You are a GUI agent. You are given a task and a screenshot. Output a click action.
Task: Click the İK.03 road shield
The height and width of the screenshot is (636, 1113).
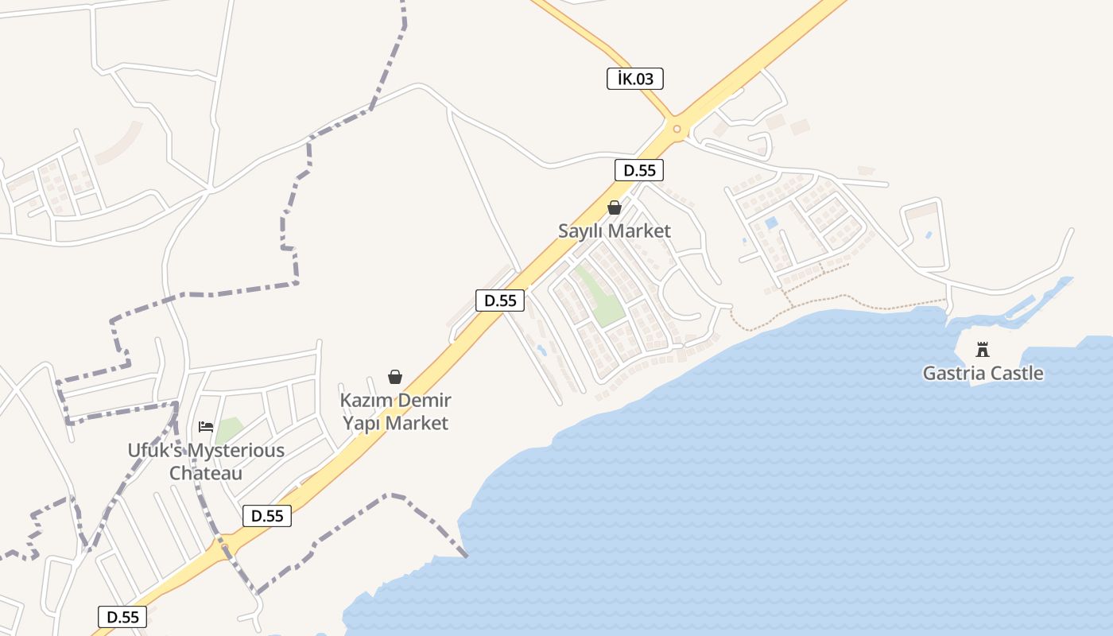634,79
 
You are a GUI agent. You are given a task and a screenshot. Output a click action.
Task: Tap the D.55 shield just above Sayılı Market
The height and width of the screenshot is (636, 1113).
638,170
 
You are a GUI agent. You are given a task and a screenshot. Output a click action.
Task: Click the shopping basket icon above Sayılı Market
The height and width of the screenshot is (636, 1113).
615,208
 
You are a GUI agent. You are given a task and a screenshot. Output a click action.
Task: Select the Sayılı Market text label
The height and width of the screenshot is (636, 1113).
614,231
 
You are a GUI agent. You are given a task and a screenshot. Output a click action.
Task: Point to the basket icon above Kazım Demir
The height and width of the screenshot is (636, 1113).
394,377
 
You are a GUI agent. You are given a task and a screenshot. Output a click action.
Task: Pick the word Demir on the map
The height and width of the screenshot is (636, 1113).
424,400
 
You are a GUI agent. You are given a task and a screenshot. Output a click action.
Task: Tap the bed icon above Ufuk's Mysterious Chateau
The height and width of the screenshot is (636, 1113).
206,427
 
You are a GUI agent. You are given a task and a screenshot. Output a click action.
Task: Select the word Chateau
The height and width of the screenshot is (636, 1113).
206,473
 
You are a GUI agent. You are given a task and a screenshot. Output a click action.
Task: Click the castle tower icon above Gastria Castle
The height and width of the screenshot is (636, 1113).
983,350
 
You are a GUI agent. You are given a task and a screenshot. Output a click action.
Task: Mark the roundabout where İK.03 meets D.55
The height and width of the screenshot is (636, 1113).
677,129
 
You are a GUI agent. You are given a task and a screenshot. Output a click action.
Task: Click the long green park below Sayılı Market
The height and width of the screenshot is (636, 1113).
601,297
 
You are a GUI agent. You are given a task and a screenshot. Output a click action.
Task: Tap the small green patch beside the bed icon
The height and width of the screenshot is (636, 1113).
230,429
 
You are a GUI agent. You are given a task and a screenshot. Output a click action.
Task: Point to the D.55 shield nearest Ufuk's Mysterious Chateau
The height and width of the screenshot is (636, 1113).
267,516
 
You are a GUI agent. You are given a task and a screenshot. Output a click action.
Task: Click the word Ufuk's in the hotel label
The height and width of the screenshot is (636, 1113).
153,451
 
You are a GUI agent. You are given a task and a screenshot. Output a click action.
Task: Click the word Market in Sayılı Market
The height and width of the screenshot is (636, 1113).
641,231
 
